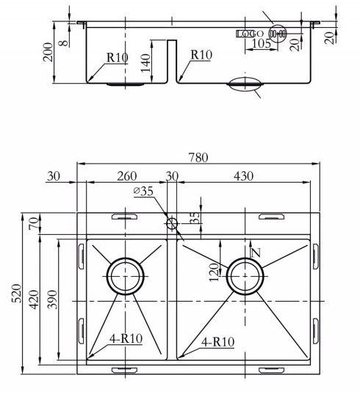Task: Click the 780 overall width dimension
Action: pyautogui.click(x=198, y=157)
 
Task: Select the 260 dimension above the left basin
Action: pyautogui.click(x=126, y=176)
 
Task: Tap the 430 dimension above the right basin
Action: pyautogui.click(x=243, y=176)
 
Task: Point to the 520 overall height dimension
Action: pyautogui.click(x=17, y=293)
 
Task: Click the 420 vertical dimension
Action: pyautogui.click(x=35, y=299)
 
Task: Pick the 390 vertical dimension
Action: pyautogui.click(x=52, y=299)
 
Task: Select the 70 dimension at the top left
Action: pyautogui.click(x=35, y=223)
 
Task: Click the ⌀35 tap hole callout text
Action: pyautogui.click(x=143, y=191)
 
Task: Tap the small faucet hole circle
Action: pyautogui.click(x=172, y=223)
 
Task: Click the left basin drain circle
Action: pyautogui.click(x=126, y=258)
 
